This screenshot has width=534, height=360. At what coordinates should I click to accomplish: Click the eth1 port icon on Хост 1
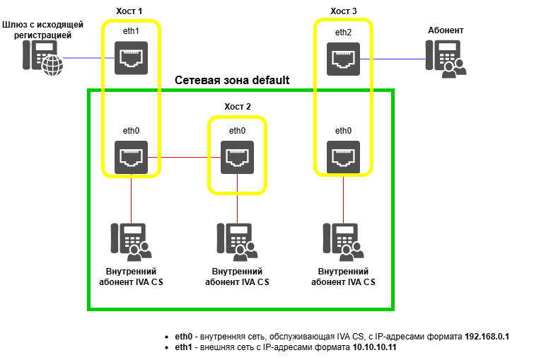coord(131,58)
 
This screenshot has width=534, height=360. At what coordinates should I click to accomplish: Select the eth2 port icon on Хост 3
coord(343,58)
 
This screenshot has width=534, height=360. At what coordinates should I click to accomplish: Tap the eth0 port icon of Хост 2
coord(237,157)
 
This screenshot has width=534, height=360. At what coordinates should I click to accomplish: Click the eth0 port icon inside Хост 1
coord(131,157)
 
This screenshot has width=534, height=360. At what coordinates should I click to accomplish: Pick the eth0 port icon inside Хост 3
coord(343,157)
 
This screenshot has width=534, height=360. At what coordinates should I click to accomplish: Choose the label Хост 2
coord(238,107)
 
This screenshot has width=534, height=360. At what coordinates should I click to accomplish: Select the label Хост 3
coord(344,11)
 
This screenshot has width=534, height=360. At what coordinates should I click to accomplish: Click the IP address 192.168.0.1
coord(487,337)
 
